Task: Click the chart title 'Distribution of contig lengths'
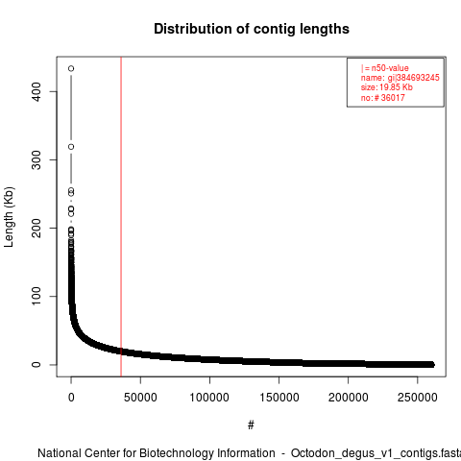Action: click(252, 29)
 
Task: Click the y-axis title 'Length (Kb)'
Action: click(9, 217)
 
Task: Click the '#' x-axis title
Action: click(251, 425)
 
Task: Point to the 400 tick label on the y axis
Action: click(36, 91)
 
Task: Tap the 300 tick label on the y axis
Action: click(36, 159)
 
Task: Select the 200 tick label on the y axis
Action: click(36, 228)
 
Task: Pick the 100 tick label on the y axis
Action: click(36, 296)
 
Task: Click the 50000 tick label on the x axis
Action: click(140, 398)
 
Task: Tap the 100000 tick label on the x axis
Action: click(209, 398)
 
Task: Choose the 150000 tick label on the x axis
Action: click(279, 398)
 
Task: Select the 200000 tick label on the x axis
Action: click(348, 398)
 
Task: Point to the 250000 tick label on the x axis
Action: click(417, 398)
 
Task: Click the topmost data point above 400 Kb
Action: click(71, 68)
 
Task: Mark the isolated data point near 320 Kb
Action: click(71, 147)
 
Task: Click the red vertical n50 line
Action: click(121, 217)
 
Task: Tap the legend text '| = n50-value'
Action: click(385, 68)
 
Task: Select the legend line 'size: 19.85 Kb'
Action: click(387, 87)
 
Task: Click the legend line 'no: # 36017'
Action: click(383, 97)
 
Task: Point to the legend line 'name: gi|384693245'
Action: click(400, 78)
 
